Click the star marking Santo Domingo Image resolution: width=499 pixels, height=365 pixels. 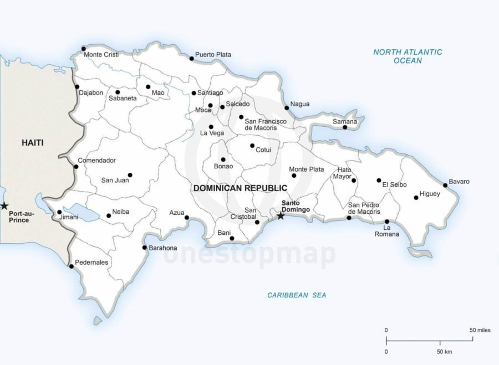click(281, 216)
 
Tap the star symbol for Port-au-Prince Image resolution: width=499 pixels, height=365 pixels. click(4, 206)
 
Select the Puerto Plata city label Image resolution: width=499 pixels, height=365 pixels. click(213, 55)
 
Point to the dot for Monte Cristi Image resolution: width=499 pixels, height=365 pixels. click(84, 49)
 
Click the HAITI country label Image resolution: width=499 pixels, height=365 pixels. click(33, 143)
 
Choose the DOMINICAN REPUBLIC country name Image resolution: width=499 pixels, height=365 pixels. click(240, 188)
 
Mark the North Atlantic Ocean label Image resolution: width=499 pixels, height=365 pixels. click(408, 56)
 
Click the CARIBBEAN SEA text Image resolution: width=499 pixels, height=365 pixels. click(297, 295)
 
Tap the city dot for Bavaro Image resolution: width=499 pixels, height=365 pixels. click(445, 186)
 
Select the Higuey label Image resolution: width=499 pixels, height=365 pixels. click(430, 194)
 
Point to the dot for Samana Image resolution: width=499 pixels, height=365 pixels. click(345, 127)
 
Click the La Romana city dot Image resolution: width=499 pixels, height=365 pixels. click(387, 222)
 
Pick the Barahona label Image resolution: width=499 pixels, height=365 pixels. click(163, 248)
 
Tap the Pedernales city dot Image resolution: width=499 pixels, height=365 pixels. click(71, 266)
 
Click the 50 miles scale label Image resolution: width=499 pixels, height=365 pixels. click(480, 330)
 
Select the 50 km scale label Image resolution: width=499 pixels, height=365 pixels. click(444, 352)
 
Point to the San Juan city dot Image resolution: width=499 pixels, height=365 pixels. click(130, 175)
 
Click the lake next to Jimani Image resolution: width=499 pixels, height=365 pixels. click(82, 212)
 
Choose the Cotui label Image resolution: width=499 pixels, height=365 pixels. click(263, 150)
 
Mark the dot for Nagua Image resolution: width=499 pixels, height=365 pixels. click(287, 108)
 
